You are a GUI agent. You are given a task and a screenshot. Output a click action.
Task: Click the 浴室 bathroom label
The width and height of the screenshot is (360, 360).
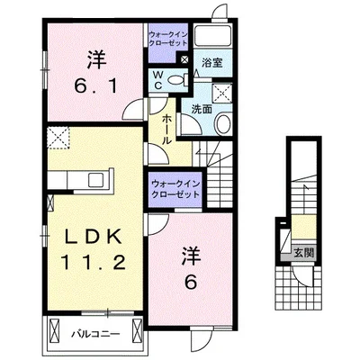pos(212,63)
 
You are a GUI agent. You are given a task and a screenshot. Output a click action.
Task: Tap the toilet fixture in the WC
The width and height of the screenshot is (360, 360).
pos(176,80)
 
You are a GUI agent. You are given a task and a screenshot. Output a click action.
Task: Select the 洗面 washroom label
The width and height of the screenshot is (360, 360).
pos(202,110)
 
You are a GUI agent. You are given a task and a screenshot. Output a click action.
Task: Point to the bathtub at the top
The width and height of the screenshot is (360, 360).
pos(212,36)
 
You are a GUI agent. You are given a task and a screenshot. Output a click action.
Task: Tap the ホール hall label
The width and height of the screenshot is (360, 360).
pos(166,130)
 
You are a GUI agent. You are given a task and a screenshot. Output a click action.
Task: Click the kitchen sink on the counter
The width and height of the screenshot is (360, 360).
pos(96,180)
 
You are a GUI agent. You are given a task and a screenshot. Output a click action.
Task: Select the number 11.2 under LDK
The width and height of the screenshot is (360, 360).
pos(93,263)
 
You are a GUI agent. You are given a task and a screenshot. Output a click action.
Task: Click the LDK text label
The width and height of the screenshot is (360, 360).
pos(94,238)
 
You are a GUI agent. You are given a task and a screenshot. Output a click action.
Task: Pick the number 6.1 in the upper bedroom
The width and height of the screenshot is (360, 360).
pos(95,87)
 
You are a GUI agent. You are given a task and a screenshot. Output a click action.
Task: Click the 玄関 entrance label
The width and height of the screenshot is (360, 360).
pos(303,253)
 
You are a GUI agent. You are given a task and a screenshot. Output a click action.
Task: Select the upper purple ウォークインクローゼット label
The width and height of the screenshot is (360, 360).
pos(168,39)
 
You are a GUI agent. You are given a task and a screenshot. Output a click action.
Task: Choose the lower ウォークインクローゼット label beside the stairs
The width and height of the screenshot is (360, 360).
pos(175,188)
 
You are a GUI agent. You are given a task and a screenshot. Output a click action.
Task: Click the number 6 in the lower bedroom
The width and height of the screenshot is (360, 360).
pos(191,282)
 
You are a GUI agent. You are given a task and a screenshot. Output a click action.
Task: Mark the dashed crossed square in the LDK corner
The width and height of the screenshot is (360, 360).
pos(58,138)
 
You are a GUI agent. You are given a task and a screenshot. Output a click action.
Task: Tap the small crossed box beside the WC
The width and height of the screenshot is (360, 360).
pos(184,59)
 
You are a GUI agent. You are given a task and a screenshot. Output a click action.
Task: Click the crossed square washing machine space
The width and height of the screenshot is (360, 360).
pos(222,94)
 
